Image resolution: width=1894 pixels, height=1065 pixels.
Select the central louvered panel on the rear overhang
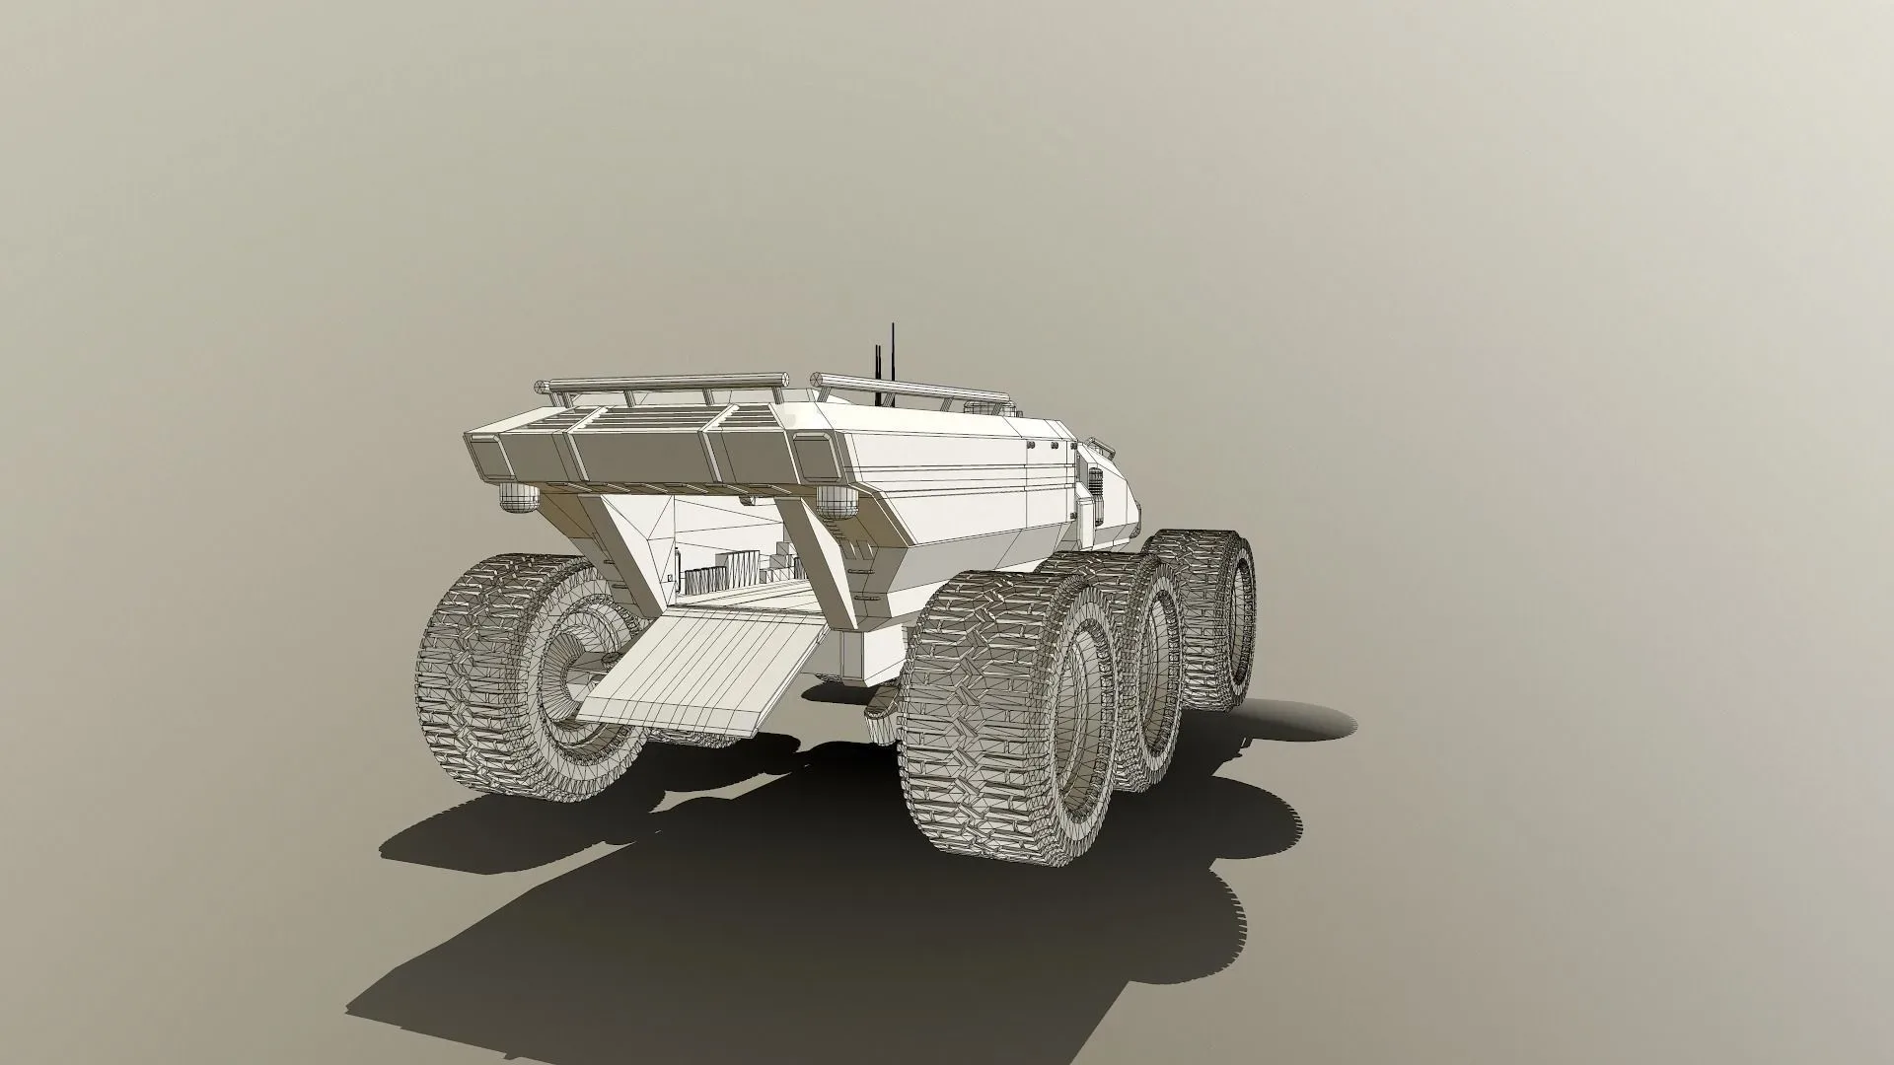pyautogui.click(x=641, y=450)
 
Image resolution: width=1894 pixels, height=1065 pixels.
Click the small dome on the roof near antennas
pyautogui.click(x=980, y=405)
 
